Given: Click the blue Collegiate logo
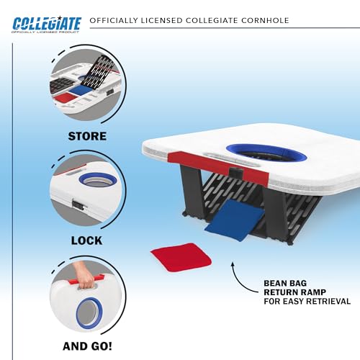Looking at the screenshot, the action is point(47,24).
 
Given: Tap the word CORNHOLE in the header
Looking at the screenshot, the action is point(265,20).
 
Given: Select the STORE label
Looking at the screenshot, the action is point(87,136).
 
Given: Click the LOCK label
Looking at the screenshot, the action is point(86,240).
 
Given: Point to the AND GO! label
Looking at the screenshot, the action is point(87,346).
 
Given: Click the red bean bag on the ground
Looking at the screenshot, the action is point(181,257).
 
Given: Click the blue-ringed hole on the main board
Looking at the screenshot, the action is point(266,153).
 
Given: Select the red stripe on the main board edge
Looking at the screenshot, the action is point(218,166).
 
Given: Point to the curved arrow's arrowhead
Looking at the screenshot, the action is point(233,264).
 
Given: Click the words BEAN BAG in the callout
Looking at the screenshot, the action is point(285,283).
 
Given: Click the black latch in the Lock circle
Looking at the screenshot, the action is point(78,204).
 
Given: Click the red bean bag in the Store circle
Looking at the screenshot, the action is point(66,99).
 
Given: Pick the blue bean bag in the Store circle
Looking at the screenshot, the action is point(81,90).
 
